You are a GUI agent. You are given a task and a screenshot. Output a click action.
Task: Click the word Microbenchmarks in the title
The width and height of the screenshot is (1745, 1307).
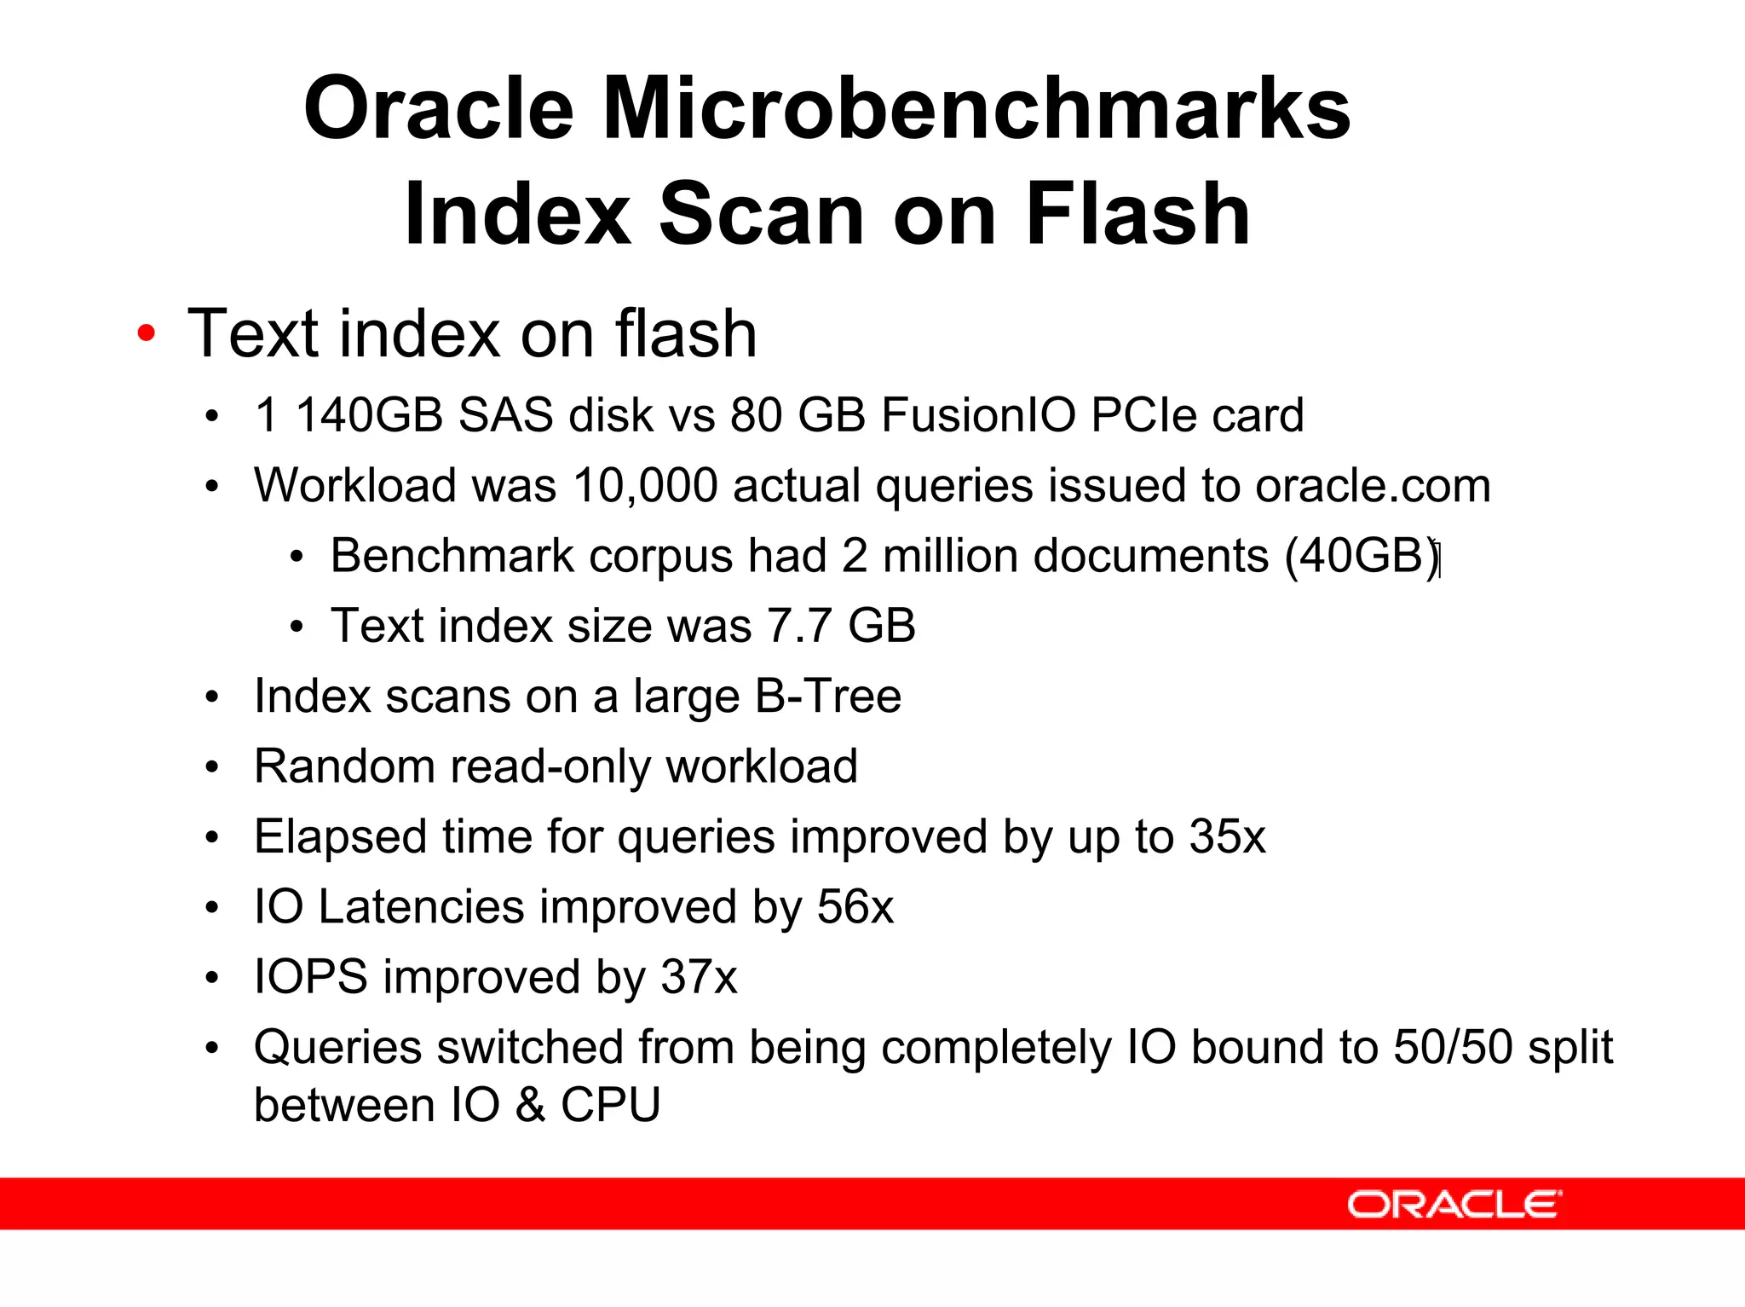(976, 109)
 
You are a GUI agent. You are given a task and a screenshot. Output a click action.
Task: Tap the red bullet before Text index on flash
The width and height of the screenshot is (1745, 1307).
(147, 333)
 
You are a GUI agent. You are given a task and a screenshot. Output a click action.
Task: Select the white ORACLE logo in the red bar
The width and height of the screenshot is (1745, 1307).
(1454, 1204)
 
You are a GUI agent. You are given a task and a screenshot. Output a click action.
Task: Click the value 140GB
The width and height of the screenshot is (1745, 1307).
(369, 416)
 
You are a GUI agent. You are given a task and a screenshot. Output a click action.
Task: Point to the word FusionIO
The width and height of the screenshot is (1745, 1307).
(979, 416)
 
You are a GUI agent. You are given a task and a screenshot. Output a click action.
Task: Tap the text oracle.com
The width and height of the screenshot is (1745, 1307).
(1372, 487)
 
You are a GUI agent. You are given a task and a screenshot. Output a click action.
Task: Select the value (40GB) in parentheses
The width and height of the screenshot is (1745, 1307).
(1362, 557)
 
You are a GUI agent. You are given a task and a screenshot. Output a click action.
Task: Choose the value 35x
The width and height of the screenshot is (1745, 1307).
(1227, 836)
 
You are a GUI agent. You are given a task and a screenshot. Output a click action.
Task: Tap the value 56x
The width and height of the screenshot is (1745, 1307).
(855, 906)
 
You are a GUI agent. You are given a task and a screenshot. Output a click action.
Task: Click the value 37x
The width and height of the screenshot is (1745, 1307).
(699, 977)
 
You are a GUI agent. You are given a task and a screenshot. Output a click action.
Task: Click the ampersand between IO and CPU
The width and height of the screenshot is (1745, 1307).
(529, 1106)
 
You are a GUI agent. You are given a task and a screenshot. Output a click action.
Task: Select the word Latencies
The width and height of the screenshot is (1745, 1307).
(421, 906)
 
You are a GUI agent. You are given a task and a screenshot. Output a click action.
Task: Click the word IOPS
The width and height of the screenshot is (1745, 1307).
(311, 977)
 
